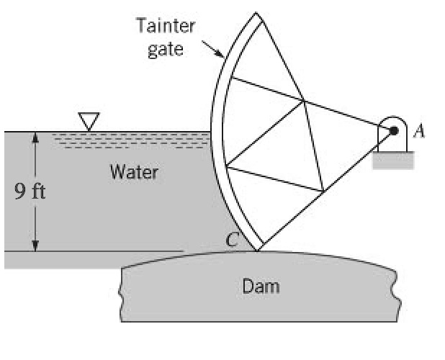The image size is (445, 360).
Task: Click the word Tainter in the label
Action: (165, 27)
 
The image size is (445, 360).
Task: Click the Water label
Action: (134, 172)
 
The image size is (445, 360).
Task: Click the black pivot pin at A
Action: (393, 131)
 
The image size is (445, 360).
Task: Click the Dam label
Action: (261, 287)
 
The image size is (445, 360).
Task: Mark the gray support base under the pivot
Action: (393, 162)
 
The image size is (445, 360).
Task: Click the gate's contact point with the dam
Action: (256, 250)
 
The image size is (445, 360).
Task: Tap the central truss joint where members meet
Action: (305, 100)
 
